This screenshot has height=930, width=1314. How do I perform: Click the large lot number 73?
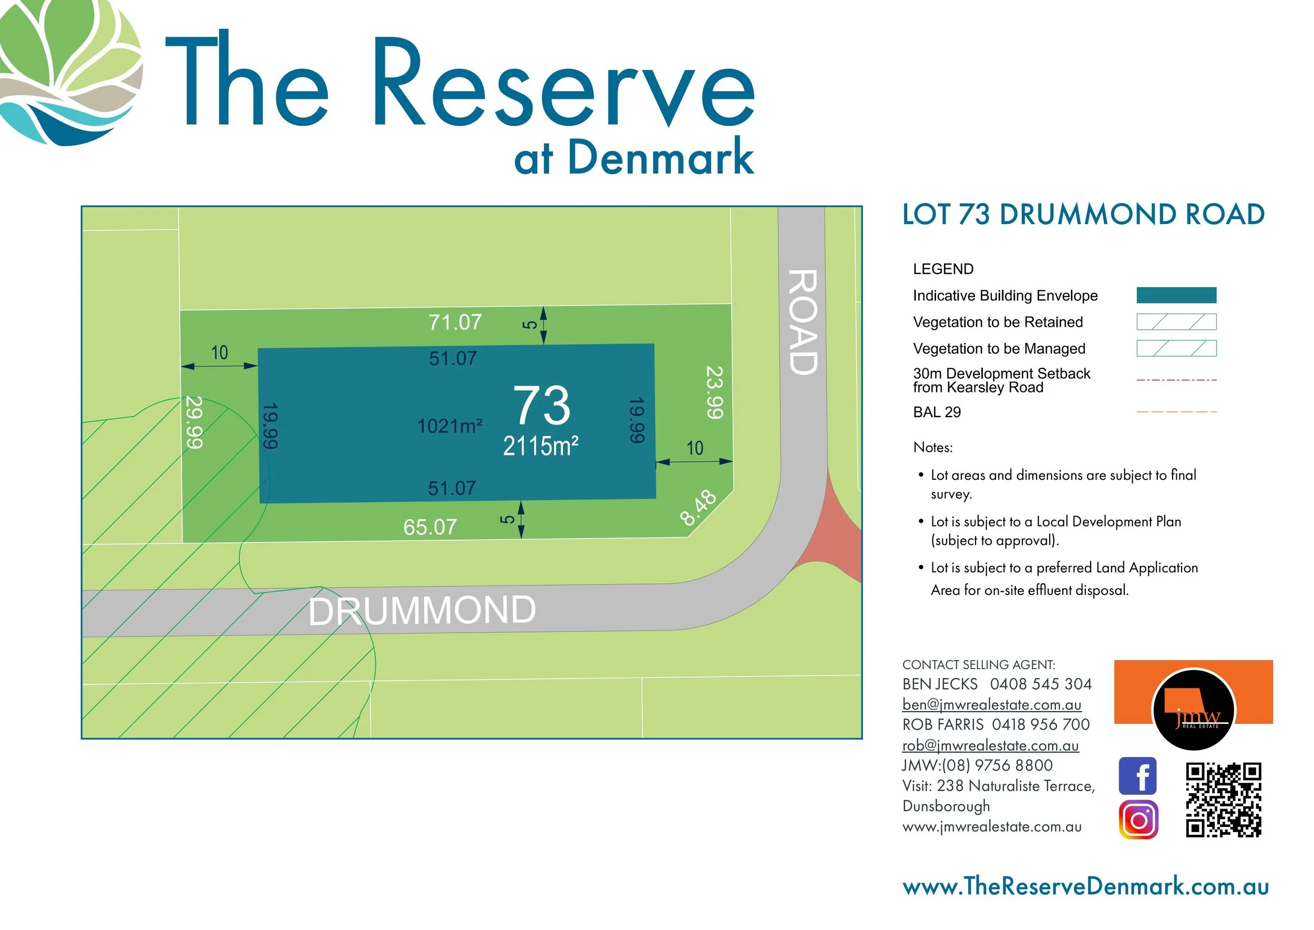pyautogui.click(x=541, y=405)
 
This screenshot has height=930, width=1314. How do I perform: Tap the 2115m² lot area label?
pyautogui.click(x=540, y=446)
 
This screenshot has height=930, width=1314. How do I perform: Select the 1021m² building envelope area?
pyautogui.click(x=449, y=426)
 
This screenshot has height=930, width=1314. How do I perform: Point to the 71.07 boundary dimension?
pyautogui.click(x=455, y=322)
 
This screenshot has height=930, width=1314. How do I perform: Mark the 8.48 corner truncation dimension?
pyautogui.click(x=697, y=508)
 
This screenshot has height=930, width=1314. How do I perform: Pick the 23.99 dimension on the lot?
pyautogui.click(x=714, y=392)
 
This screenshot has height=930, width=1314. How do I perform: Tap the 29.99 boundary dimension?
pyautogui.click(x=194, y=422)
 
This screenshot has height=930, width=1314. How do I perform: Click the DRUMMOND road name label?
pyautogui.click(x=423, y=611)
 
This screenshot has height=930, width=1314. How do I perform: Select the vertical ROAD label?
pyautogui.click(x=803, y=322)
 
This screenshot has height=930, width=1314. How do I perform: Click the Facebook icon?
pyautogui.click(x=1138, y=776)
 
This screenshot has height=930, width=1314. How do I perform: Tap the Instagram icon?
pyautogui.click(x=1138, y=820)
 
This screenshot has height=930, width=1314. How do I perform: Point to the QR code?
pyautogui.click(x=1223, y=800)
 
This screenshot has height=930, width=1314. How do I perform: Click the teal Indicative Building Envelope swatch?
pyautogui.click(x=1176, y=295)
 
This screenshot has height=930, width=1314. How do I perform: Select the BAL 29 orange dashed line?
pyautogui.click(x=1176, y=412)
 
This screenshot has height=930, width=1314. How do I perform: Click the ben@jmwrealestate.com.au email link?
pyautogui.click(x=992, y=704)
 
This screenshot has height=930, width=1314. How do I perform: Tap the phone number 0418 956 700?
pyautogui.click(x=1041, y=724)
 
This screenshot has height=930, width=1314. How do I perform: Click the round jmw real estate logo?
pyautogui.click(x=1193, y=710)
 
